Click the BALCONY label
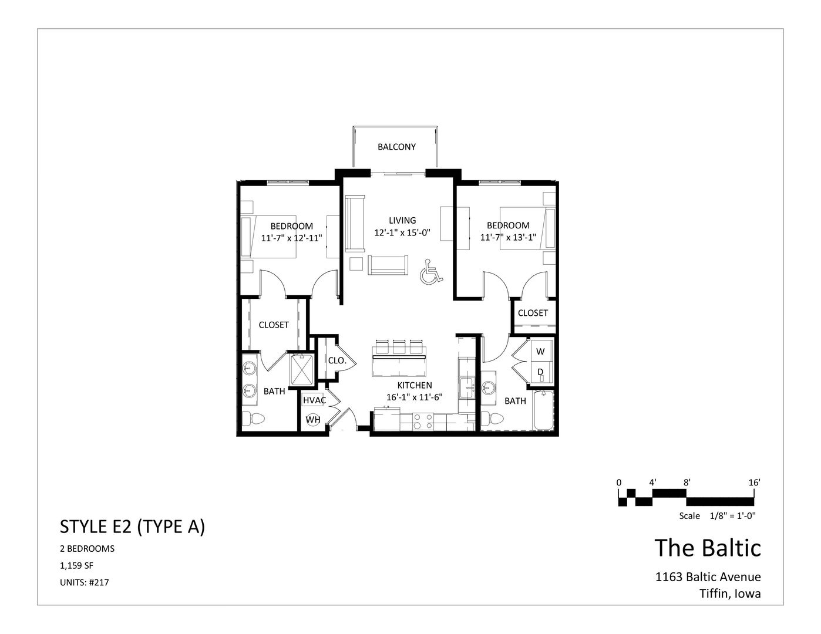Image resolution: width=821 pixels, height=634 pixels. click(396, 147)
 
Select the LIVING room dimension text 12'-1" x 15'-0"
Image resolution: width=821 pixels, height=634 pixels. click(402, 232)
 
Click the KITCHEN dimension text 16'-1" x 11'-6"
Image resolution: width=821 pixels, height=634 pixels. click(414, 397)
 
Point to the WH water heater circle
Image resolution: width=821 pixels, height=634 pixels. click(313, 420)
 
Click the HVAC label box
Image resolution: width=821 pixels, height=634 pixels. click(314, 400)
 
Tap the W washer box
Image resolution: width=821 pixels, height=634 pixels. click(540, 352)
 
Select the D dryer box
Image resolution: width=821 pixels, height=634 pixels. click(540, 372)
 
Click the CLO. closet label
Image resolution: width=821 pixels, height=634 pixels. click(337, 361)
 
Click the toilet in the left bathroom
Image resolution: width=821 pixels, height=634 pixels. click(254, 419)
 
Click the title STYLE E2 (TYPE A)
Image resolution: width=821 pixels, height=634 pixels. click(132, 527)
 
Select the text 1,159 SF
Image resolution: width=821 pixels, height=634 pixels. click(77, 566)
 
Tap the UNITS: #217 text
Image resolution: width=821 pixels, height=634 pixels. click(85, 583)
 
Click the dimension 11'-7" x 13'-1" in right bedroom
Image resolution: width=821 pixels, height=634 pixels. click(508, 238)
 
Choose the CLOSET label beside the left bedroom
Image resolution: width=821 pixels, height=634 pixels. click(274, 325)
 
